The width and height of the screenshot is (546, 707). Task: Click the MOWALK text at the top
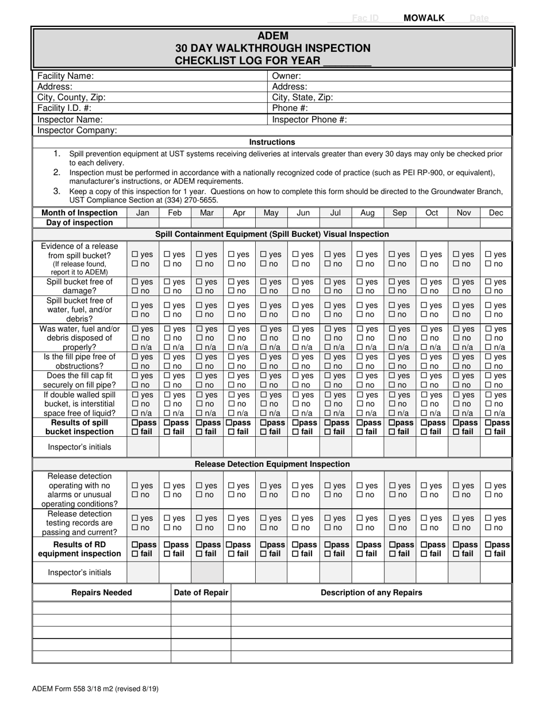coord(424,18)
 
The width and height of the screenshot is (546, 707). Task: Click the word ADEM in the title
coord(272,36)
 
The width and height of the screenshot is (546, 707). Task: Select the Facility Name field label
coord(66,76)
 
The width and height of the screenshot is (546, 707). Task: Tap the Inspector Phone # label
coord(309,120)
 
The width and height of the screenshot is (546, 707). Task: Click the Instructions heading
coord(272,142)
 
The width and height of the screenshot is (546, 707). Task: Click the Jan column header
coord(142,213)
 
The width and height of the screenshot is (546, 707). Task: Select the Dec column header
coord(495,213)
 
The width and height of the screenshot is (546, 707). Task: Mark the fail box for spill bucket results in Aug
coord(359,432)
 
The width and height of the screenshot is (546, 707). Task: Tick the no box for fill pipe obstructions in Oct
coord(424,366)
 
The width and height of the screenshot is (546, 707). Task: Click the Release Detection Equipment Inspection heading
coord(272,464)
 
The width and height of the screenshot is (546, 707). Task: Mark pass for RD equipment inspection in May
coord(263,544)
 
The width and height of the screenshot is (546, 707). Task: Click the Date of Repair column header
coord(201,593)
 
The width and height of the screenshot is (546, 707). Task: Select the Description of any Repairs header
coord(371,593)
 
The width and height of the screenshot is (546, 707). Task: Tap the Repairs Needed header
coord(101,593)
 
